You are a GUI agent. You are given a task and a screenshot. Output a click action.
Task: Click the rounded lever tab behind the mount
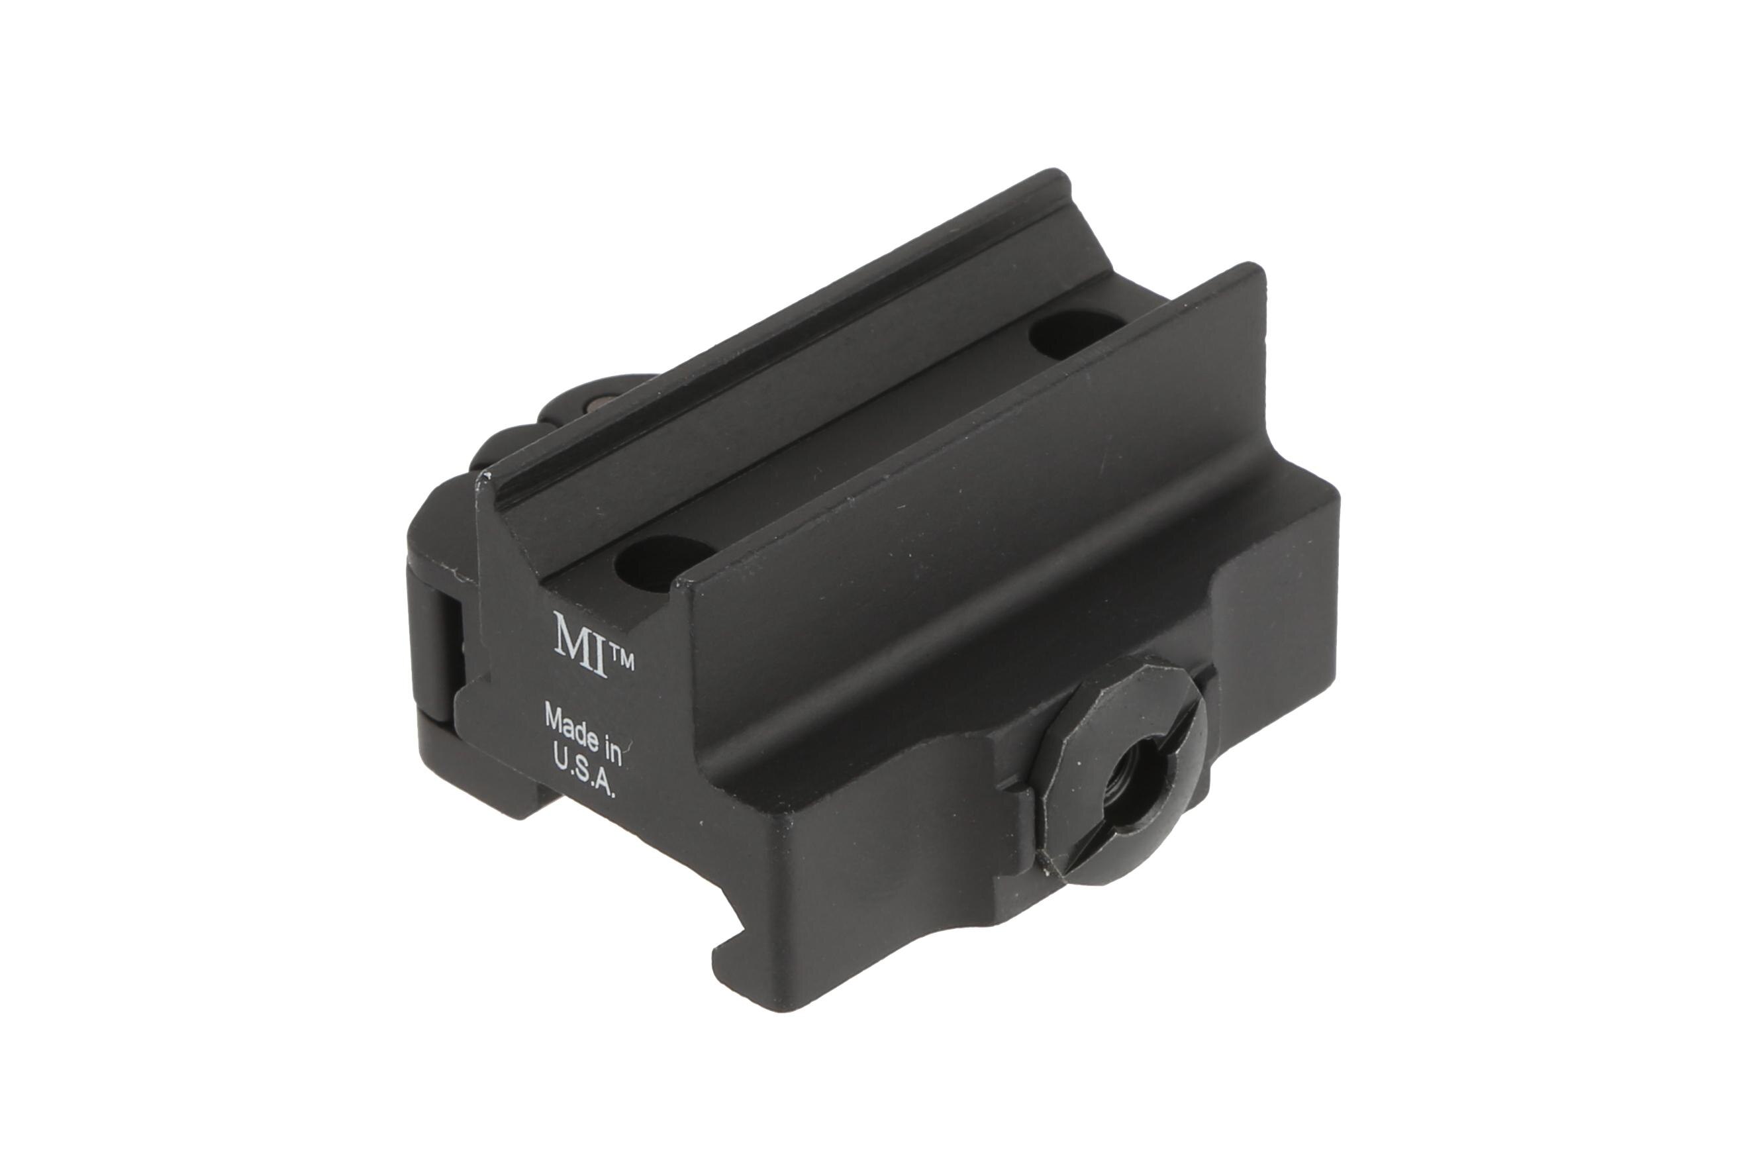point(525,435)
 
